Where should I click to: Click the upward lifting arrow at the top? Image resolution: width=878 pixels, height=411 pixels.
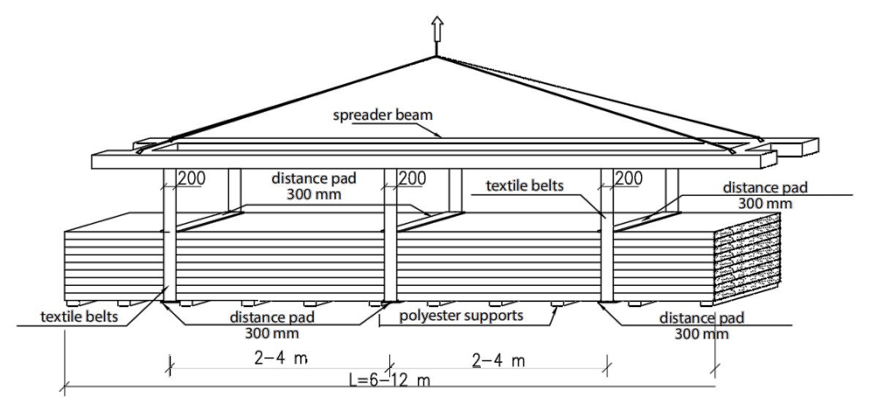pyautogui.click(x=436, y=29)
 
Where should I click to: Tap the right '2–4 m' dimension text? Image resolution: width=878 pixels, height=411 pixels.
pyautogui.click(x=499, y=361)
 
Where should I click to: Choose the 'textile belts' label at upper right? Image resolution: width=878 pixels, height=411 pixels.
pyautogui.click(x=526, y=186)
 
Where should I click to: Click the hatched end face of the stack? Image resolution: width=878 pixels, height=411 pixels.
pyautogui.click(x=747, y=260)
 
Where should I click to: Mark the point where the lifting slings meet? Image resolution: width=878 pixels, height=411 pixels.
pyautogui.click(x=436, y=56)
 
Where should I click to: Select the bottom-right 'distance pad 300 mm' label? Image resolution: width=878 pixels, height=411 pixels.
pyautogui.click(x=702, y=326)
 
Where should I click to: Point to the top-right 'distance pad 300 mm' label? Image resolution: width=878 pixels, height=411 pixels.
pyautogui.click(x=765, y=195)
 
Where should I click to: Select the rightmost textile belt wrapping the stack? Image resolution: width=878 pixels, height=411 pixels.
pyautogui.click(x=607, y=249)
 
